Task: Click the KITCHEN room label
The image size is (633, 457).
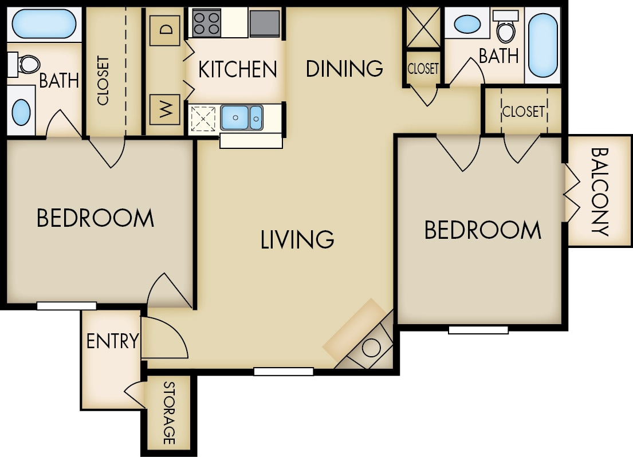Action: (x=237, y=69)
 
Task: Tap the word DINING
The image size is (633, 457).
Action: (x=344, y=68)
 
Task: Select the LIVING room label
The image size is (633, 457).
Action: (x=297, y=239)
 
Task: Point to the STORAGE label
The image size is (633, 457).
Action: (x=169, y=412)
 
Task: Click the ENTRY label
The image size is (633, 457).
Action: (x=112, y=341)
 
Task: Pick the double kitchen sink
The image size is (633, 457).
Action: (x=241, y=117)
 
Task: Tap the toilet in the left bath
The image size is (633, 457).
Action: (x=24, y=64)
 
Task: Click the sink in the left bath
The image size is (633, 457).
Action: (x=22, y=112)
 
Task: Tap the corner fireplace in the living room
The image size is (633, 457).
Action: (x=367, y=344)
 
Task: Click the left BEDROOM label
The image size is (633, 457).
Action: (x=95, y=218)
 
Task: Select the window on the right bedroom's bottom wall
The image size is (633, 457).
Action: (x=478, y=330)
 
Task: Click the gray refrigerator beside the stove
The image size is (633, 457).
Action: (x=265, y=23)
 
